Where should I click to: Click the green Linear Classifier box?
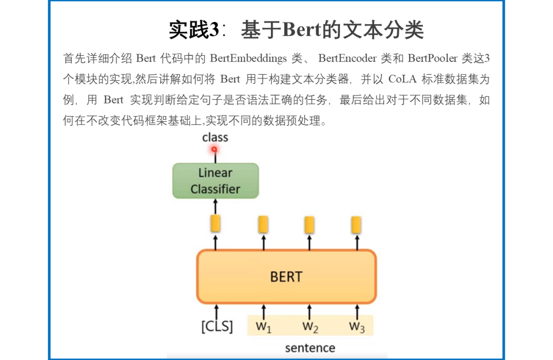216,181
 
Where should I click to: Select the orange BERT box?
286,277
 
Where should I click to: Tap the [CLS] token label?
217,327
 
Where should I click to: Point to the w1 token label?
264,326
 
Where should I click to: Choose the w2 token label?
310,326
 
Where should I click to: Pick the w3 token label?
356,326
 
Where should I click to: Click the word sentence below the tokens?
310,348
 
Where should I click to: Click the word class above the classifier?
215,137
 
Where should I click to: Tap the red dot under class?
215,150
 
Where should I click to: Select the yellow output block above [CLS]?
216,224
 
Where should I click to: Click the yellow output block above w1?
263,224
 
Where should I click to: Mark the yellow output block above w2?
309,225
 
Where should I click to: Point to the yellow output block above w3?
356,225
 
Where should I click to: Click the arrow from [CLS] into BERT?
216,310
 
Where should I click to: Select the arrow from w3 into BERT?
356,310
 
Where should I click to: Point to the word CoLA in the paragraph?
403,79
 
